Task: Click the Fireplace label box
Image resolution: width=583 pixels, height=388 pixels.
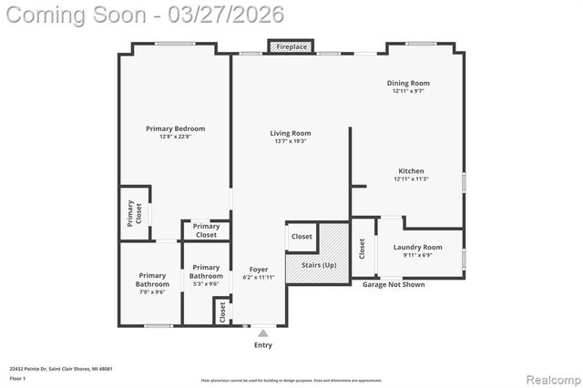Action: (x=291, y=46)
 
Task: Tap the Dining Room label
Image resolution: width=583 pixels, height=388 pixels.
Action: (x=408, y=86)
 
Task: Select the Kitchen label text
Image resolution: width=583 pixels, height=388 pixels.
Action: (x=411, y=174)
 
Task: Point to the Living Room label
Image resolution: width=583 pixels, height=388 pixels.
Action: (x=290, y=137)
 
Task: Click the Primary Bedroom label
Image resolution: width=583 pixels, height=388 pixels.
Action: (x=175, y=132)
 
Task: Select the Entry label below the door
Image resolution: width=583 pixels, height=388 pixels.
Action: (x=262, y=344)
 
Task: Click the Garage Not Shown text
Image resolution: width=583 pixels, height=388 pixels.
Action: (x=394, y=284)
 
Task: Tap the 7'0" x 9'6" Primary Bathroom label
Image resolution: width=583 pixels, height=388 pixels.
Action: (x=152, y=283)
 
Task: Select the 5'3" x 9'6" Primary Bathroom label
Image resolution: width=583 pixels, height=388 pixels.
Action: (x=206, y=276)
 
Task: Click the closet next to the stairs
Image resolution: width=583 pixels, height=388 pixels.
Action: (x=302, y=237)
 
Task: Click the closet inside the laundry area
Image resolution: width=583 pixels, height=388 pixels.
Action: (x=362, y=249)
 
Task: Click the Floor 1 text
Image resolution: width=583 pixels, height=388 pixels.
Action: (x=18, y=377)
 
